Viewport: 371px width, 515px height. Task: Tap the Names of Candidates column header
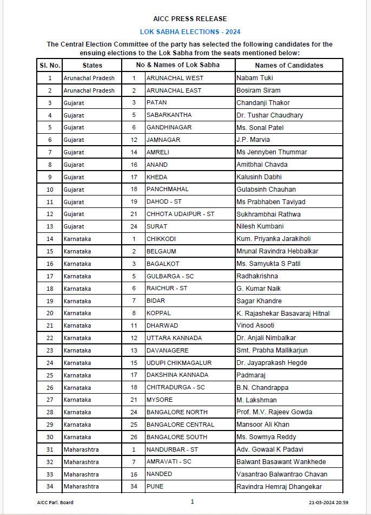click(x=289, y=65)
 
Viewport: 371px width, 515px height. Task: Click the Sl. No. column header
click(x=49, y=65)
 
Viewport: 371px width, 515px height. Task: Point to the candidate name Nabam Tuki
click(x=255, y=78)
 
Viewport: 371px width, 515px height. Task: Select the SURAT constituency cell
click(x=157, y=226)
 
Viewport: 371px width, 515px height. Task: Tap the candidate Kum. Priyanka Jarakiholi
click(x=273, y=239)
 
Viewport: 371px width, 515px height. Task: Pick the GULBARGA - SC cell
click(x=170, y=276)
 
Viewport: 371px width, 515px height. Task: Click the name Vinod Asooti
click(x=255, y=325)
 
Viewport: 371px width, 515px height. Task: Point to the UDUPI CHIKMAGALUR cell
click(x=178, y=363)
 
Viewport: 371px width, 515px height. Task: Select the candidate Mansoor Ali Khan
click(x=263, y=425)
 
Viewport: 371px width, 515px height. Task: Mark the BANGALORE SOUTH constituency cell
click(x=177, y=437)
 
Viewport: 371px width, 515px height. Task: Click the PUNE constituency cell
click(x=155, y=486)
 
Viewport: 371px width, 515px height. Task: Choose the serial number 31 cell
click(x=50, y=449)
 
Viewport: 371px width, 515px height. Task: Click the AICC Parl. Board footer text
click(x=51, y=503)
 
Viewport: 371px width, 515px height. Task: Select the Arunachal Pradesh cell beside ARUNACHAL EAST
click(x=89, y=90)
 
